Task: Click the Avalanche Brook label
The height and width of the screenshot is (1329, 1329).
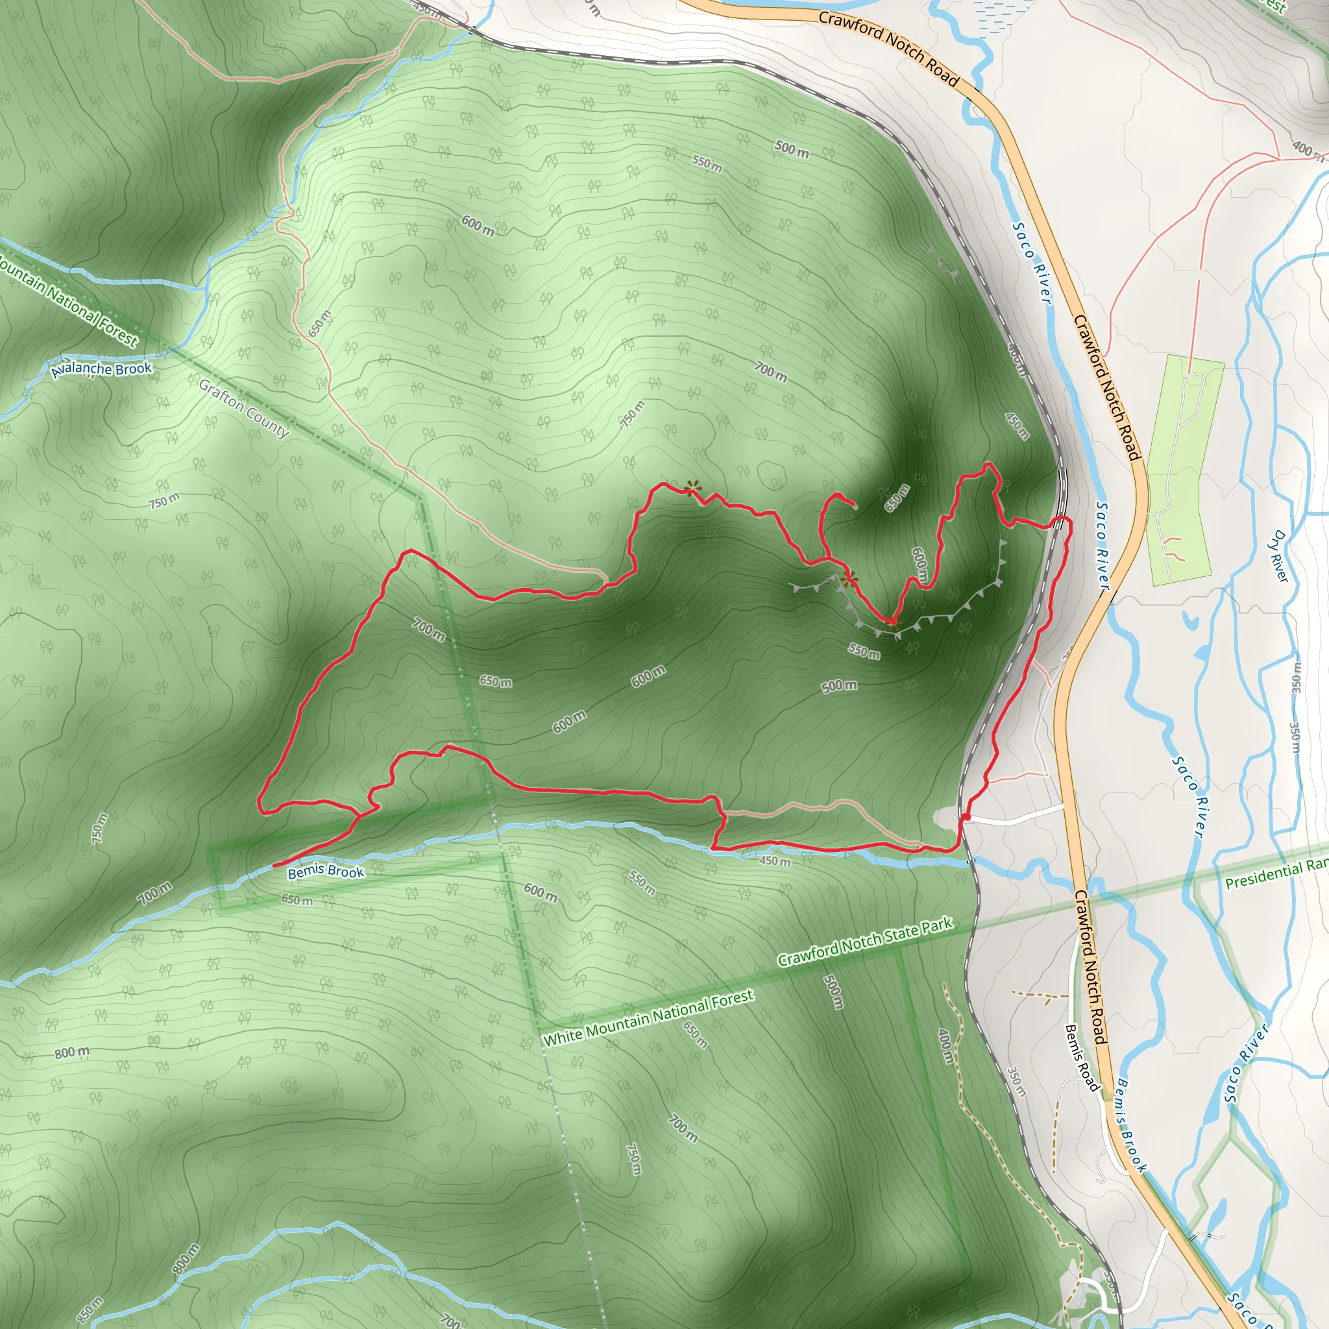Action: pos(102,369)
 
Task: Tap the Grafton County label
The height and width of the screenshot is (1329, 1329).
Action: pos(244,408)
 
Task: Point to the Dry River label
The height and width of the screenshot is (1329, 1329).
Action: pos(1280,556)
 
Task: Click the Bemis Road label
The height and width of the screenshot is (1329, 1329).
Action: pos(1082,1057)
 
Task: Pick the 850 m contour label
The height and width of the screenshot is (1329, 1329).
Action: pos(90,1310)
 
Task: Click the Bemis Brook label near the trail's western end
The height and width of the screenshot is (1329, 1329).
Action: pos(325,872)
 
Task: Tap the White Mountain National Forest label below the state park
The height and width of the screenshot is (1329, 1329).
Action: pos(648,1018)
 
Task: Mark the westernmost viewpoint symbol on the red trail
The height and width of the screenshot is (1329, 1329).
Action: pos(691,488)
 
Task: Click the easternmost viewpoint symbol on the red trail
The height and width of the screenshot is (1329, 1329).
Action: pos(893,624)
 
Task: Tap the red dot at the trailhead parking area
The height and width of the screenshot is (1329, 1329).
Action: pos(965,816)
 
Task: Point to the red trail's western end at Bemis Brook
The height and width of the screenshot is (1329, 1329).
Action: pos(274,864)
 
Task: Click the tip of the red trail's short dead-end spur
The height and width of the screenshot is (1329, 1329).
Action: pos(856,507)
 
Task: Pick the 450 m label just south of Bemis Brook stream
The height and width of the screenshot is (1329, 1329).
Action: pos(775,861)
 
